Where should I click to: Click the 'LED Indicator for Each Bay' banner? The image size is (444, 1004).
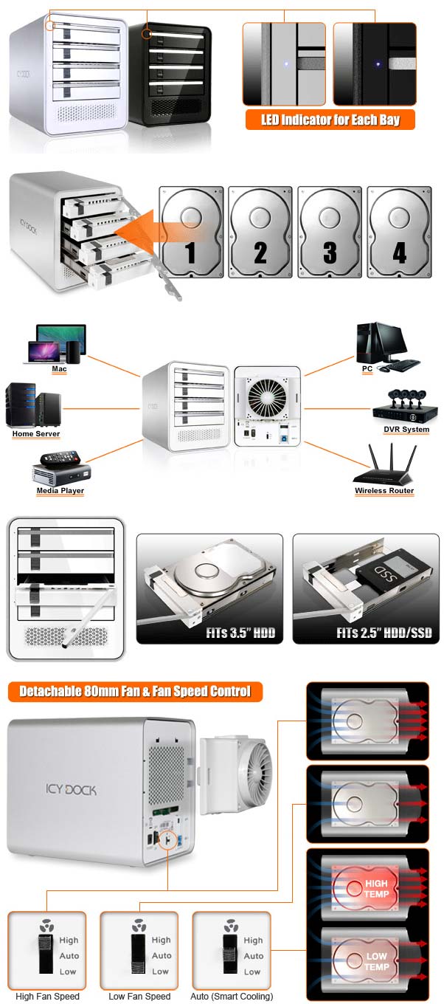(x=330, y=120)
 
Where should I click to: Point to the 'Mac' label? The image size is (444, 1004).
(x=59, y=368)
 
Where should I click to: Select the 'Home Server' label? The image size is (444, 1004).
(x=36, y=434)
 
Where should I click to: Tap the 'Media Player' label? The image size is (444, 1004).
(x=60, y=491)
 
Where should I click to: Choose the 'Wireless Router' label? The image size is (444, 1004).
(x=384, y=491)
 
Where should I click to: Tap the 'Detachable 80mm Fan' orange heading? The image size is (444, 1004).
(x=134, y=692)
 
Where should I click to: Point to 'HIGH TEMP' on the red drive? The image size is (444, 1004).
(x=375, y=889)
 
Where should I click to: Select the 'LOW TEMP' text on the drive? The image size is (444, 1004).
(x=376, y=961)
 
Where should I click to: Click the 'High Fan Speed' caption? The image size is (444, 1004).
(x=47, y=996)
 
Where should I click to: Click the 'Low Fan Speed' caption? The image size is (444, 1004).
(x=139, y=996)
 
